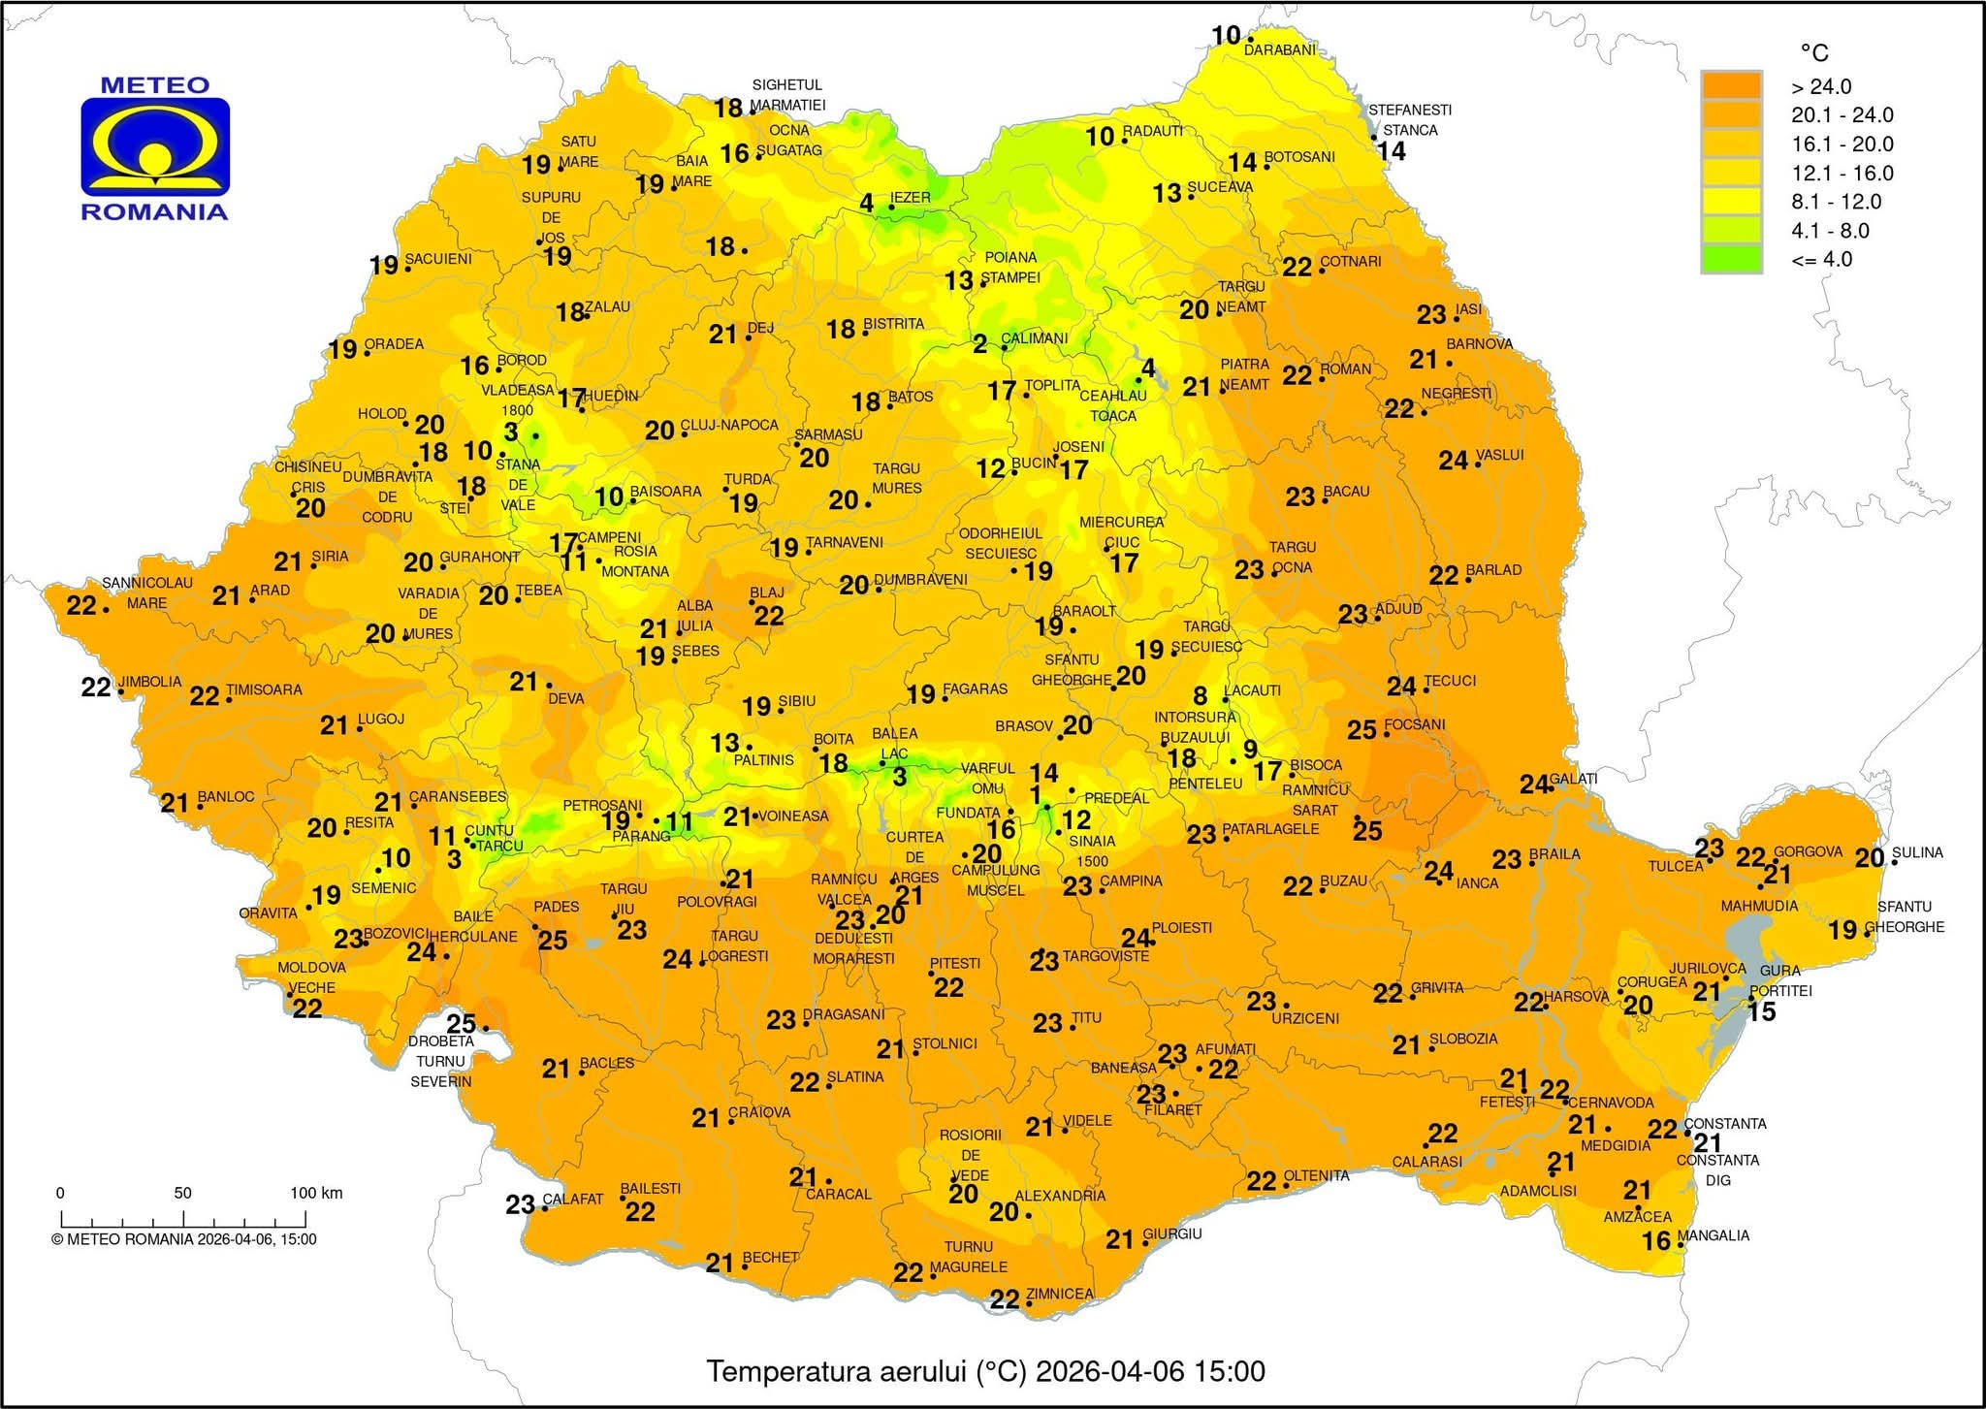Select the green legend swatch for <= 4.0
coord(1731,259)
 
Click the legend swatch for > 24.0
coord(1731,85)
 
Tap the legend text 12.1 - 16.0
coord(1828,173)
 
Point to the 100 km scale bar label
coord(316,1193)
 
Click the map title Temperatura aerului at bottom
coord(985,1371)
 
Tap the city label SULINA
coord(1917,852)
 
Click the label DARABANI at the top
coord(1280,49)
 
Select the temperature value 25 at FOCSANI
coord(1361,729)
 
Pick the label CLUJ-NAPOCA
coord(729,426)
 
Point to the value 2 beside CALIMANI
coord(980,343)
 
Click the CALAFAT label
coord(572,1199)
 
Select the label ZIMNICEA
coord(1059,1294)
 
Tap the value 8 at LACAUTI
coord(1201,695)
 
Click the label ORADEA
coord(394,344)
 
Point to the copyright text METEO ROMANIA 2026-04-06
coord(184,1238)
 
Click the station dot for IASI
coord(1457,317)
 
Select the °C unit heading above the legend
coord(1814,53)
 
